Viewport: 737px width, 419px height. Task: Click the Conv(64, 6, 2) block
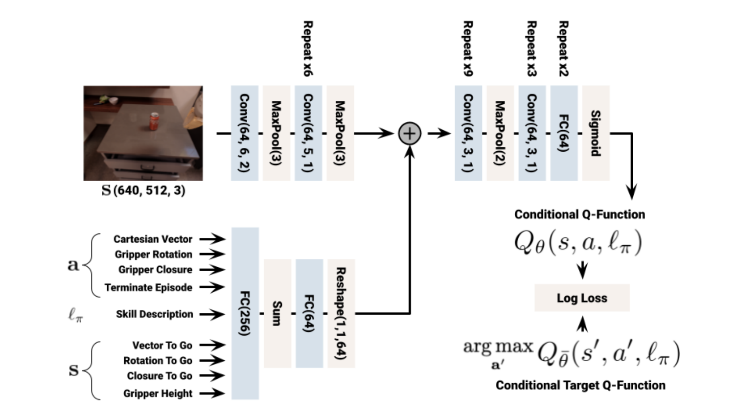tap(245, 133)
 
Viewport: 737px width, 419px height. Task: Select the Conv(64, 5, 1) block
tap(308, 133)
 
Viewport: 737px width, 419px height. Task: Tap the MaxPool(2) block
tap(500, 133)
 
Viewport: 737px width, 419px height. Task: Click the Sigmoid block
tap(596, 133)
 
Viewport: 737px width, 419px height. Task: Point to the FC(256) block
tap(245, 313)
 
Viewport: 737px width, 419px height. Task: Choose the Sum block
tap(277, 313)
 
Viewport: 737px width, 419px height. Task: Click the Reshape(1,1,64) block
tap(341, 313)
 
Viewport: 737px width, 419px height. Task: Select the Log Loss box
tap(582, 298)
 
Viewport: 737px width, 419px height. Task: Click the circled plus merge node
tap(410, 133)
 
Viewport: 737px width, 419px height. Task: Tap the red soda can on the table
tap(154, 121)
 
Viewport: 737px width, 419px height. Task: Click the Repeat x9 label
tap(468, 49)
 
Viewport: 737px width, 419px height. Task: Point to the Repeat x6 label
tap(308, 49)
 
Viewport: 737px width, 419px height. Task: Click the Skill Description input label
tap(154, 314)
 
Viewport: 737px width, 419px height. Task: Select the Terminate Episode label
tap(148, 287)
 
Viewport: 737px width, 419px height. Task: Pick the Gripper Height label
tap(158, 394)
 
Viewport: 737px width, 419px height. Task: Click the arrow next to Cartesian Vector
tap(212, 239)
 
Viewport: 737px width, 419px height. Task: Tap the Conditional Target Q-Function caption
tap(580, 385)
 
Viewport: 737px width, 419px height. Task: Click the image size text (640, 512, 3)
tap(149, 190)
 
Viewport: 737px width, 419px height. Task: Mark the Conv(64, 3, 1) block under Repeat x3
tap(532, 133)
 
